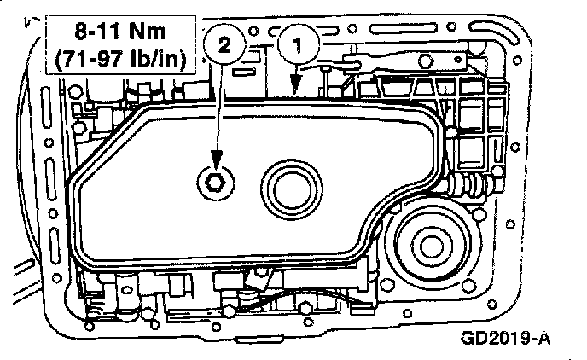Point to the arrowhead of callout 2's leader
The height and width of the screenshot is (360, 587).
pos(215,165)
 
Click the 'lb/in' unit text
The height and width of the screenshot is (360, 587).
pos(161,61)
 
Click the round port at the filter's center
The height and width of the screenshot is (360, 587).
pos(292,186)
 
